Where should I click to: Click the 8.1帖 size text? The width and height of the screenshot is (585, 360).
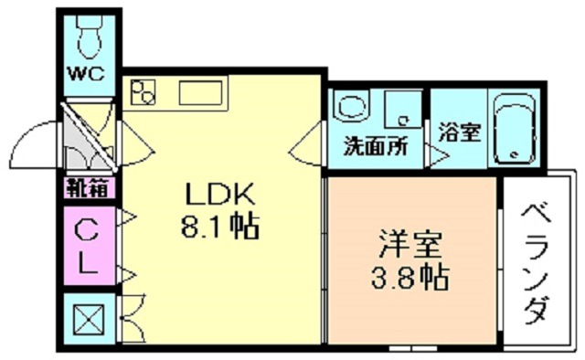pyautogui.click(x=220, y=225)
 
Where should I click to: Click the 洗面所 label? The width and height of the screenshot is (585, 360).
pyautogui.click(x=376, y=147)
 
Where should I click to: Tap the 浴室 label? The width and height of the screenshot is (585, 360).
pyautogui.click(x=459, y=132)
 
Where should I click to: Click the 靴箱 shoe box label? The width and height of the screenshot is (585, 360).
pyautogui.click(x=88, y=188)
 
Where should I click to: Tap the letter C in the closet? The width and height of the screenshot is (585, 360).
pyautogui.click(x=88, y=227)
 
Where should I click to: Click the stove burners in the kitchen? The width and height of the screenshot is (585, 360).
pyautogui.click(x=145, y=92)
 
